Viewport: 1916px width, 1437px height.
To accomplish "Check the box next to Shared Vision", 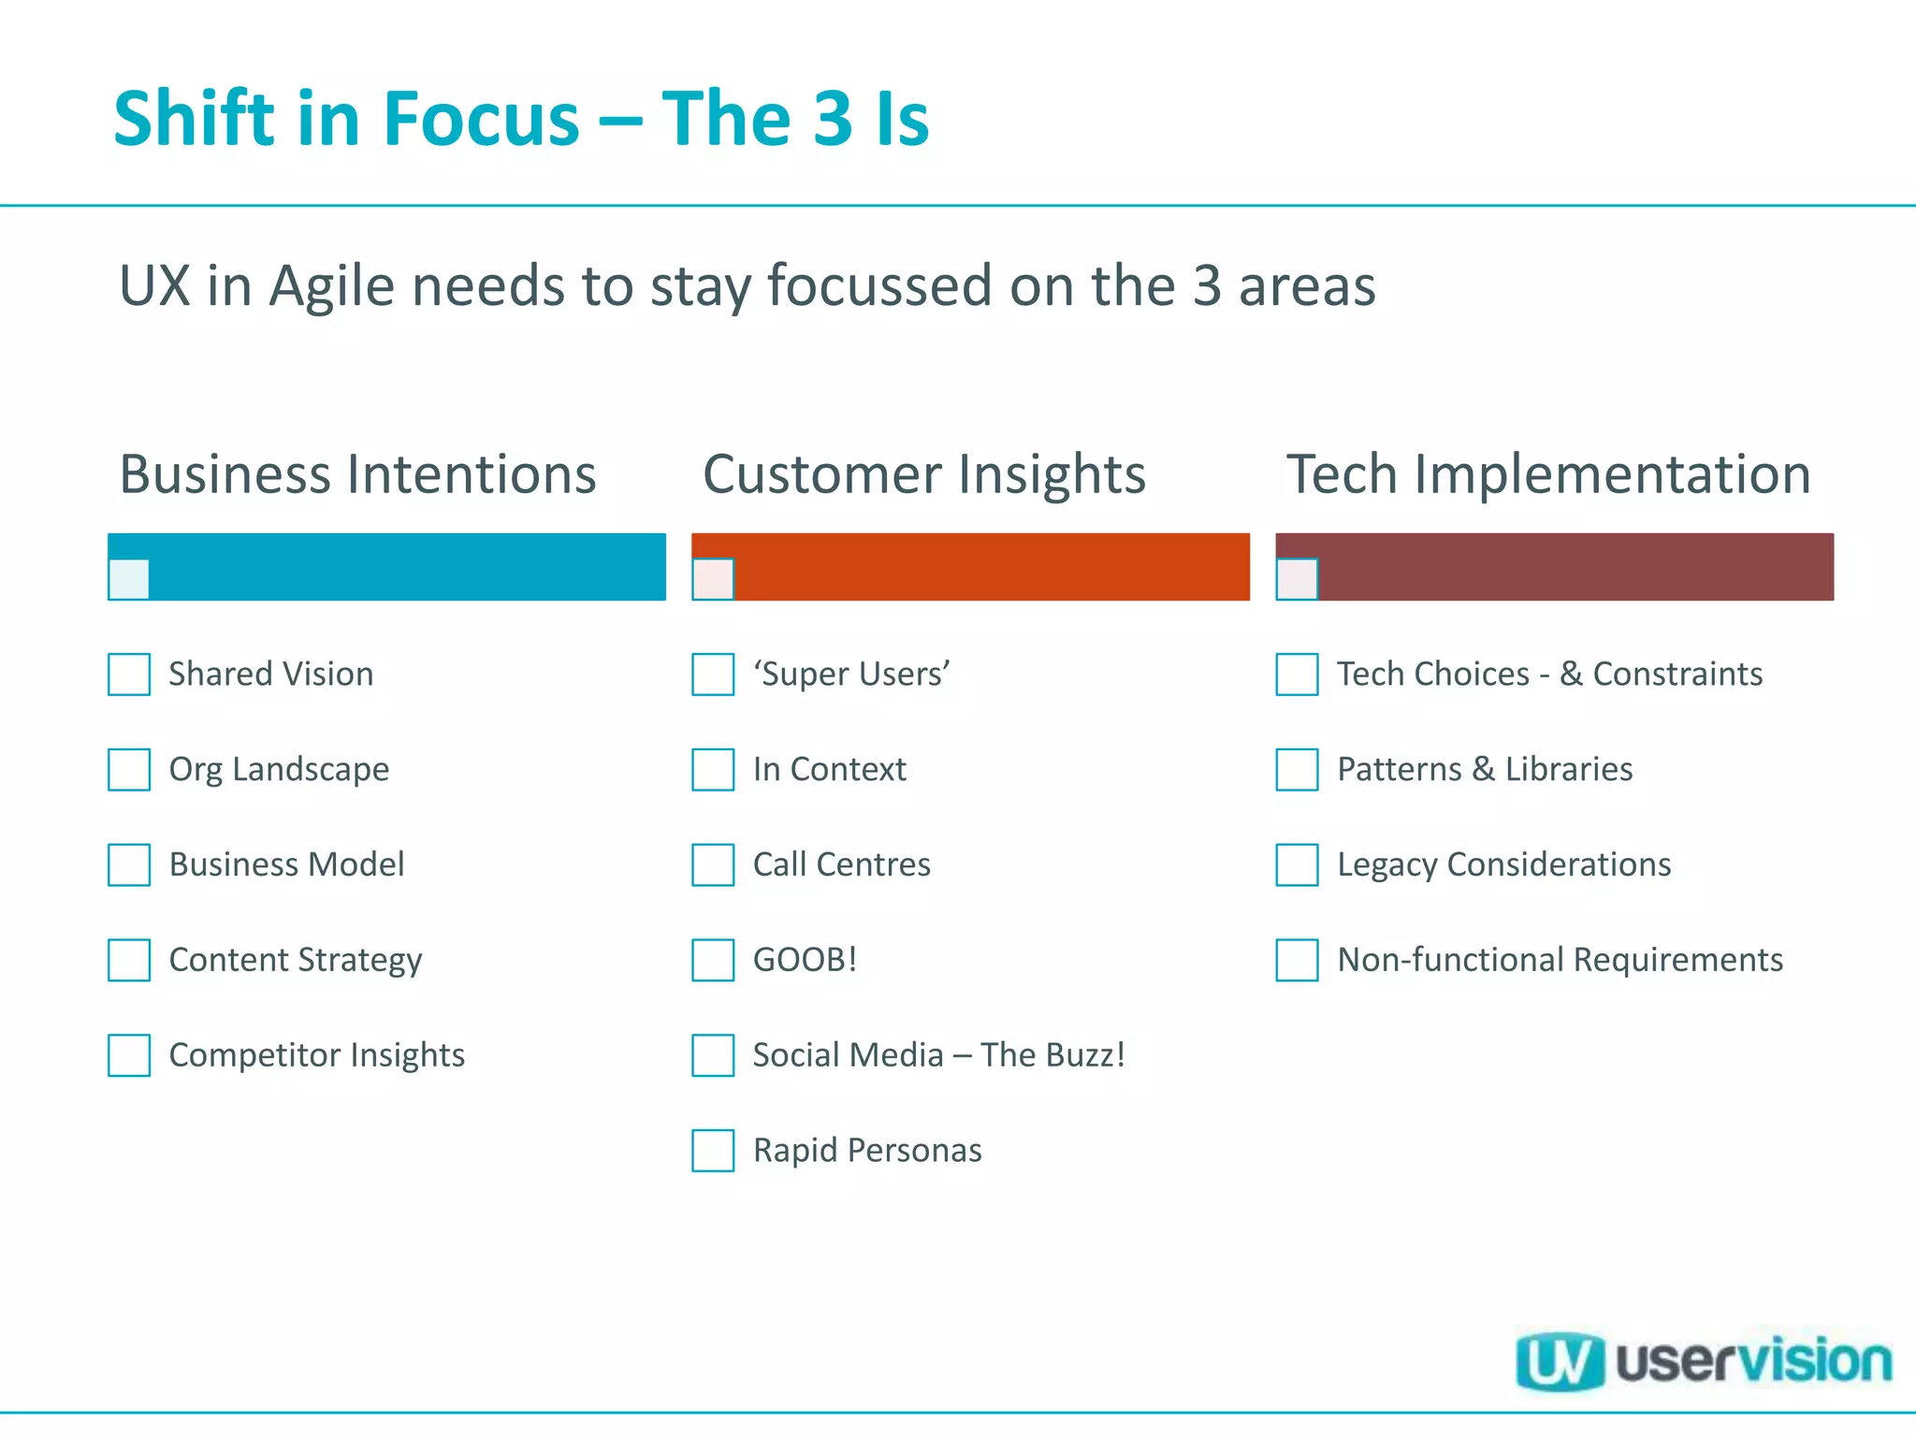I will (x=129, y=675).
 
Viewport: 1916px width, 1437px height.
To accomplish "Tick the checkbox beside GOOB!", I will (x=713, y=960).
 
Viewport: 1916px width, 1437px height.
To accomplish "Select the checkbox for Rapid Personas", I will (x=713, y=1151).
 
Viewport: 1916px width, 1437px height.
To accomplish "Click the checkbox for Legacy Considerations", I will (x=1297, y=864).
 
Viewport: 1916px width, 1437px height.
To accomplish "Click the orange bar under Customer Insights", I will (x=992, y=566).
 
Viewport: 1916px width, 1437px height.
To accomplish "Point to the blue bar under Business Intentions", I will (x=407, y=566).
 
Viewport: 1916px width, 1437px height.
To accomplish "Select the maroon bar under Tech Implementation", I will (x=1575, y=566).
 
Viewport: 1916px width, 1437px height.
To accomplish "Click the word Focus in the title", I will (x=482, y=119).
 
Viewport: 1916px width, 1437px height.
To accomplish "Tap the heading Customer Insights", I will (x=923, y=474).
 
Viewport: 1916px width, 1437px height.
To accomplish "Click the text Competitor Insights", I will (x=316, y=1055).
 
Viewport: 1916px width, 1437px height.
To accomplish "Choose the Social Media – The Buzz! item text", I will (x=938, y=1055).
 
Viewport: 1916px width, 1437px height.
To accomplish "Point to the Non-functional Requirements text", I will (x=1560, y=960).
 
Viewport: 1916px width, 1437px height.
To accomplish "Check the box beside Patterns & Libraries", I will (x=1297, y=769).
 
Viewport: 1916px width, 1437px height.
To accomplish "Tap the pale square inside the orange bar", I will (x=713, y=579).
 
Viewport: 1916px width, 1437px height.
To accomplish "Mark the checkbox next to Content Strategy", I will (x=129, y=960).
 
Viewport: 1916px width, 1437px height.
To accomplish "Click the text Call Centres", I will (x=841, y=864).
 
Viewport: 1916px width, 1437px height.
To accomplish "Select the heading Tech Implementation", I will (x=1548, y=474).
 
